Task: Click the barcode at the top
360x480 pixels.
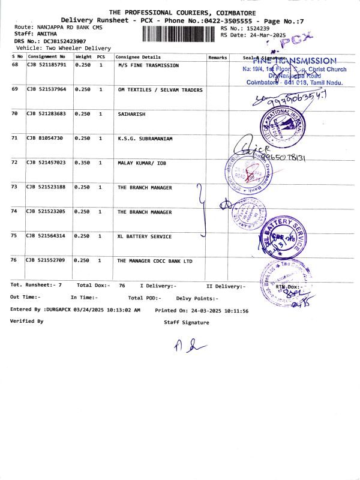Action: point(180,32)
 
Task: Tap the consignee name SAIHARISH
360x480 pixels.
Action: point(131,114)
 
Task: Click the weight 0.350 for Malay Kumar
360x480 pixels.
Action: point(82,163)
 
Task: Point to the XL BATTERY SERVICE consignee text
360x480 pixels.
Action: point(144,236)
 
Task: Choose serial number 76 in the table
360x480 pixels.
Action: point(15,261)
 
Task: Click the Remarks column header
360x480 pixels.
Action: point(217,57)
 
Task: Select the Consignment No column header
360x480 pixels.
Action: point(47,57)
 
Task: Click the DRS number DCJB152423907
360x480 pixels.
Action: point(62,41)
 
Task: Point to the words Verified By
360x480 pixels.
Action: point(27,322)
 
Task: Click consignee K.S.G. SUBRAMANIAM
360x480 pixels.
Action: point(145,139)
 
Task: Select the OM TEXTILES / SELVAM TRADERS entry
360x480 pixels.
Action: point(160,90)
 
